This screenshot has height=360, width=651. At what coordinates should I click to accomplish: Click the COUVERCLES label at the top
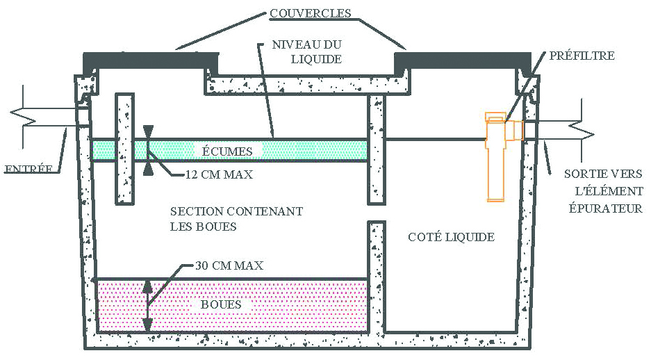tap(310, 13)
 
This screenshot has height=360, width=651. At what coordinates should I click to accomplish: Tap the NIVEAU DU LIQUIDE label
tap(307, 51)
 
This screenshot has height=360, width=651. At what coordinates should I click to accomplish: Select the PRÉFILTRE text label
tap(582, 56)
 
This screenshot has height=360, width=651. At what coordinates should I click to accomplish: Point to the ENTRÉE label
tap(28, 169)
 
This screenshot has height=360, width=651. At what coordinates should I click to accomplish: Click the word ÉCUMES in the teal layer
tap(227, 151)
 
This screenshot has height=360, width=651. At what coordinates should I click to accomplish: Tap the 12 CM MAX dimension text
tap(219, 174)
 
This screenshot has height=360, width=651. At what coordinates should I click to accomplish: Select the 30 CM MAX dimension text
tap(229, 265)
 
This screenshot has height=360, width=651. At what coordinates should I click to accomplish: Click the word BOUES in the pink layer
tap(221, 304)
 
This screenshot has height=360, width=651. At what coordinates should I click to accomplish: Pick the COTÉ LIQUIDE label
tap(452, 237)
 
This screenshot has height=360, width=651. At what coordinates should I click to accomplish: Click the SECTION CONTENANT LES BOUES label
tap(236, 219)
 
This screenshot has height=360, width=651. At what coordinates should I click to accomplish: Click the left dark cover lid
tap(151, 60)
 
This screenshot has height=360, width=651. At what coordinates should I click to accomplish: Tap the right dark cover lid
tap(463, 60)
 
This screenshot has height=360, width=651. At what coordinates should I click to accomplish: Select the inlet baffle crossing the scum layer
tap(124, 149)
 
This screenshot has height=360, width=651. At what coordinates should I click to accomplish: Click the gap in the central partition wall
tap(377, 213)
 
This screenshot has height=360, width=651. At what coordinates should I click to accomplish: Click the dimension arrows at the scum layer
tap(148, 150)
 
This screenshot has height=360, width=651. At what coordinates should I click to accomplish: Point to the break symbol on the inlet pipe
tap(23, 117)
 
